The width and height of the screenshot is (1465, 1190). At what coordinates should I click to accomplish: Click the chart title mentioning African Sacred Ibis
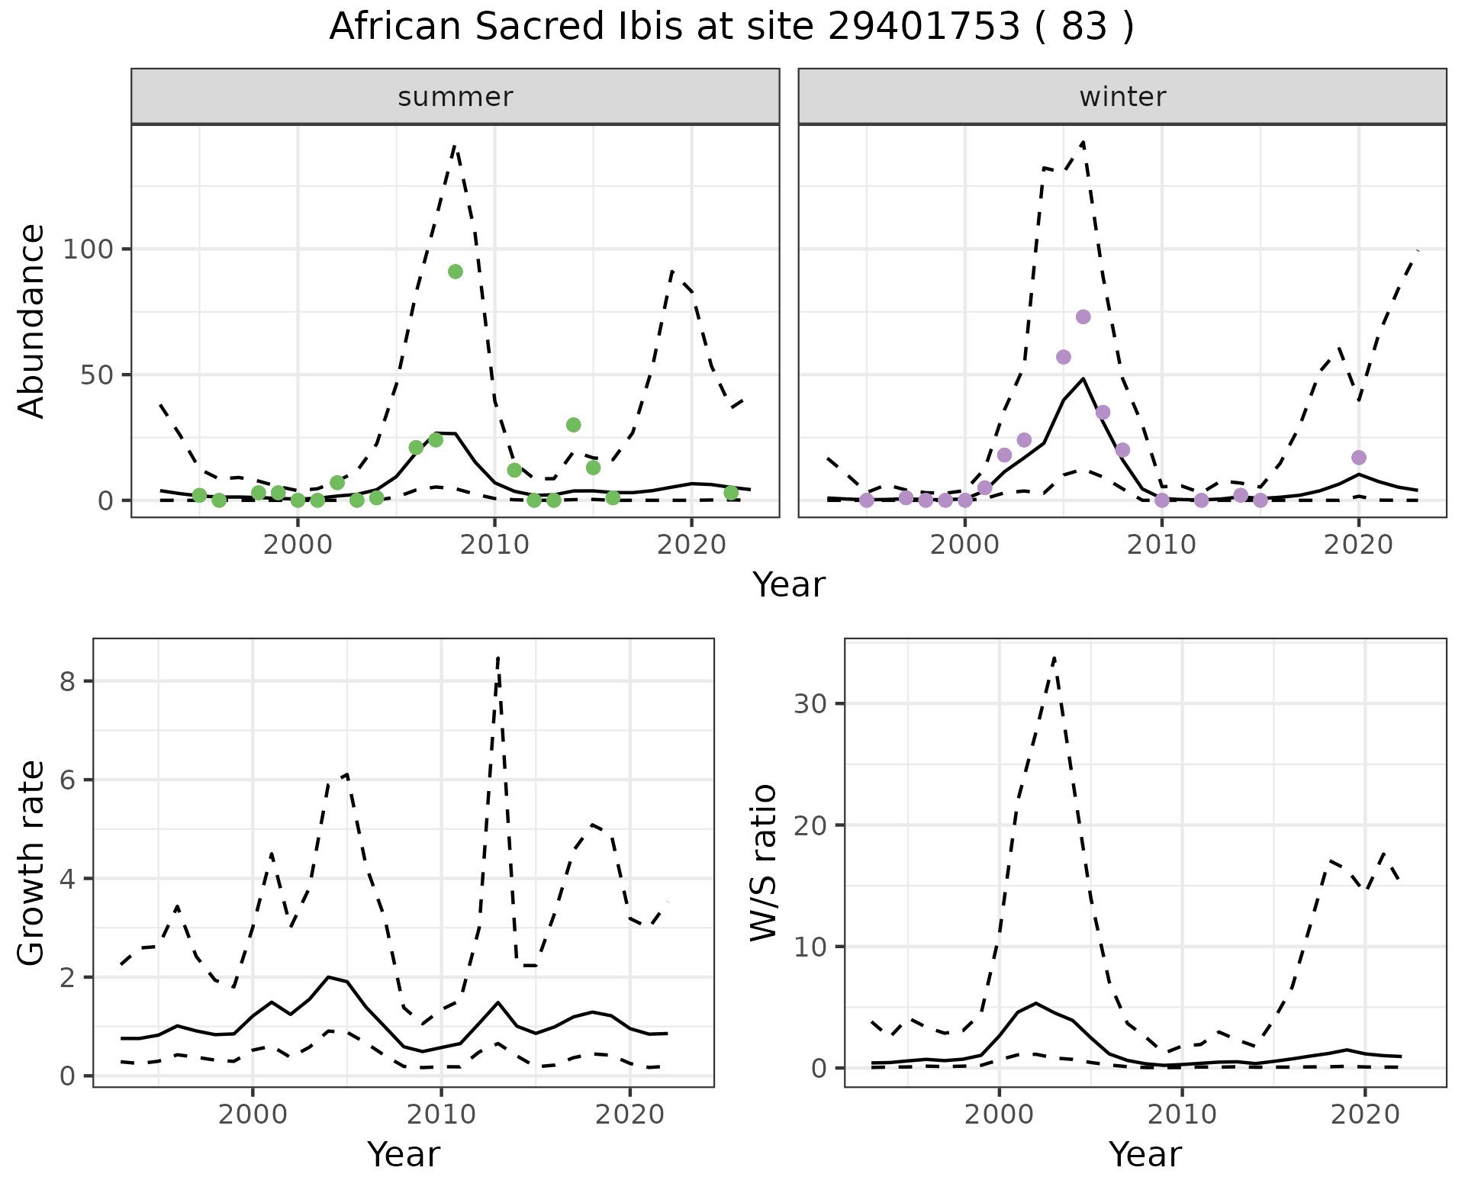[732, 27]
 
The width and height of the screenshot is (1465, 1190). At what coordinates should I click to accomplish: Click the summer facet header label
[456, 97]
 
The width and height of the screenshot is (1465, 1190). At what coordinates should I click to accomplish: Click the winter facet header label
[1122, 97]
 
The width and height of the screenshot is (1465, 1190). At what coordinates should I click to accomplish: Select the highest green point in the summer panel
[456, 272]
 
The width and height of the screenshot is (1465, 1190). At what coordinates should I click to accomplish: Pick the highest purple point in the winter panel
[1083, 317]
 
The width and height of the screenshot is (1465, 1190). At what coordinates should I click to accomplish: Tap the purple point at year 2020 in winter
[1358, 458]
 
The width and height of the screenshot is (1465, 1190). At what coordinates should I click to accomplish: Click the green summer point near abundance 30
[574, 425]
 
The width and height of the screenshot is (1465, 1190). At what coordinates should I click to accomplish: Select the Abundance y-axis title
[32, 320]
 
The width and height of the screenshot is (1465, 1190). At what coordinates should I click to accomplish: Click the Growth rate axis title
[32, 864]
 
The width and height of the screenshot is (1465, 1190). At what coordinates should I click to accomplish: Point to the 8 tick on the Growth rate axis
[67, 681]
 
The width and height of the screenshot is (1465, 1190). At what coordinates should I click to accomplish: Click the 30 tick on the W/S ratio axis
[810, 703]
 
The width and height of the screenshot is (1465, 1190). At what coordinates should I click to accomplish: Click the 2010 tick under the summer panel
[494, 545]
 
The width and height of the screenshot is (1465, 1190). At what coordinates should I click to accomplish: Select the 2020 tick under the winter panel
[1358, 545]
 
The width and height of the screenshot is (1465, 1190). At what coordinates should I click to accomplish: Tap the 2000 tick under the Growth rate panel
[253, 1114]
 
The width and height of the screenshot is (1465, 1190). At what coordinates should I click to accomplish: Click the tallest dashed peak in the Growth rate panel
[498, 658]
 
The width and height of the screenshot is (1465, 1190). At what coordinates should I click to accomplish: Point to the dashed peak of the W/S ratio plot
[1054, 658]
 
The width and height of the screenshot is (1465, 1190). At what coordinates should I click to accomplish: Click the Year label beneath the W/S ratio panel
[1145, 1154]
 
